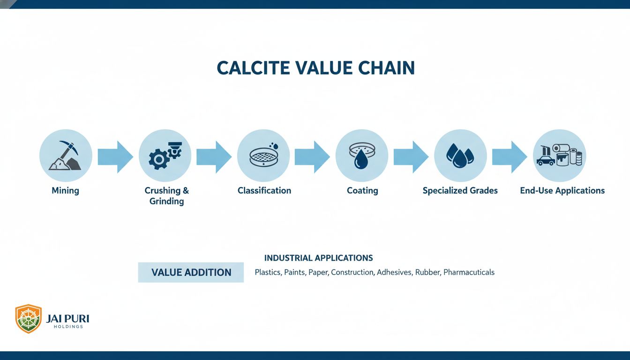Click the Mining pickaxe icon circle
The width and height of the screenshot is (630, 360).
coord(66,156)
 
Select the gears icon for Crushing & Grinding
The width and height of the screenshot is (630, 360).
coord(165,156)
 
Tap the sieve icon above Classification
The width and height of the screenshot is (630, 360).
coord(263,156)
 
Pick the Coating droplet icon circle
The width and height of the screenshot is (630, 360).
coord(362,156)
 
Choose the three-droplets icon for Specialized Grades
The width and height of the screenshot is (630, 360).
coord(460,156)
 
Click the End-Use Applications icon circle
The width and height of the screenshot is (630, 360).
coord(559,156)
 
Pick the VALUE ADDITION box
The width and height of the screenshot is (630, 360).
coord(191,272)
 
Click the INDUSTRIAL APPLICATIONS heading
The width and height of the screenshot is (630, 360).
coord(318,258)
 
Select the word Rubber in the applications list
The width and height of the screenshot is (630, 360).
coord(427,272)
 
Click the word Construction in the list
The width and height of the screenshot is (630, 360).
coord(352,272)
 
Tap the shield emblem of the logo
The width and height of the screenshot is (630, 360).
coord(29,318)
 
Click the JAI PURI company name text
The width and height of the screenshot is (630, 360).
coord(67,319)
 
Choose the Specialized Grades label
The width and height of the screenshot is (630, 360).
coord(460,191)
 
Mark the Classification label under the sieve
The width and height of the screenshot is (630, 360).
coord(264,191)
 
